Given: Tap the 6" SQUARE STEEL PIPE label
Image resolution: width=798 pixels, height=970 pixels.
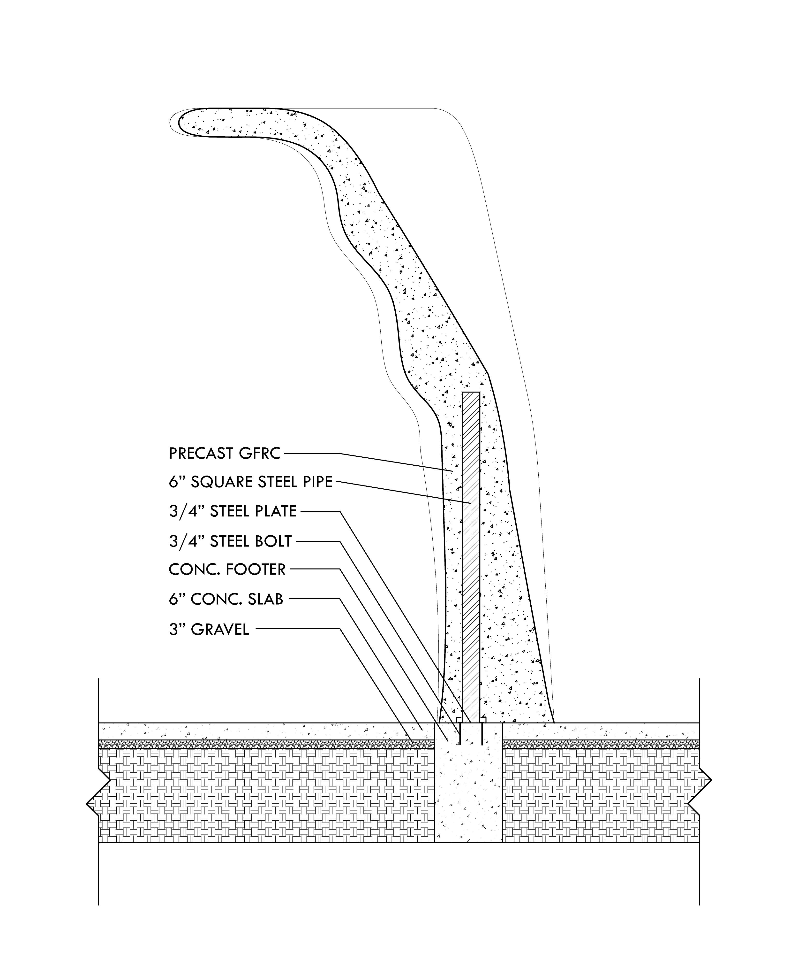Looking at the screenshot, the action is click(x=250, y=482).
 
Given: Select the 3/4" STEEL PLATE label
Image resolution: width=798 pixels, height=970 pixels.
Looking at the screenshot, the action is click(x=233, y=511).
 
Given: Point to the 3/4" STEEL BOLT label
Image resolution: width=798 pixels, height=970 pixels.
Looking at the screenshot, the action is click(x=230, y=541).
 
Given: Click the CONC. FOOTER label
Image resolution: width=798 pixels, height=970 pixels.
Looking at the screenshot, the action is click(x=227, y=570).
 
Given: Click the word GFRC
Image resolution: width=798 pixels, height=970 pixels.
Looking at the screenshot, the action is click(x=260, y=454).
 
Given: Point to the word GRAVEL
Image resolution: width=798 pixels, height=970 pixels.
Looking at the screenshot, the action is click(x=220, y=629).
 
